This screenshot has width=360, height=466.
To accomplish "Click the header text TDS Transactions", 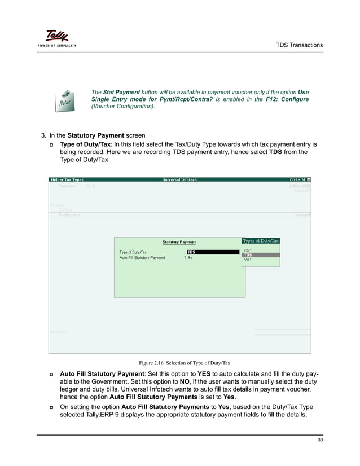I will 298,45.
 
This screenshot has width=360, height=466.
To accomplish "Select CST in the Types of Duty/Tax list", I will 248,250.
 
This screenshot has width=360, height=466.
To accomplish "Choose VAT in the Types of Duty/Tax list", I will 248,260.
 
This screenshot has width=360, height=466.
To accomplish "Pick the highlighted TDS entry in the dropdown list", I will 248,255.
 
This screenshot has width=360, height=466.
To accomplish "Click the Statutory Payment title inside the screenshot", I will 179,242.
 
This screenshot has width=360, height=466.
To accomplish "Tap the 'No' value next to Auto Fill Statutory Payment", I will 190,258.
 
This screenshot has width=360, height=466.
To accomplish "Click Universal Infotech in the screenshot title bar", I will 179,179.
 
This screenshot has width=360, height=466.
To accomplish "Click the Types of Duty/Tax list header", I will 261,241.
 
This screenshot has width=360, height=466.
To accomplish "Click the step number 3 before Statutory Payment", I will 43,135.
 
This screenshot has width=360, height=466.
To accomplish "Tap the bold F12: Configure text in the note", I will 286,99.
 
